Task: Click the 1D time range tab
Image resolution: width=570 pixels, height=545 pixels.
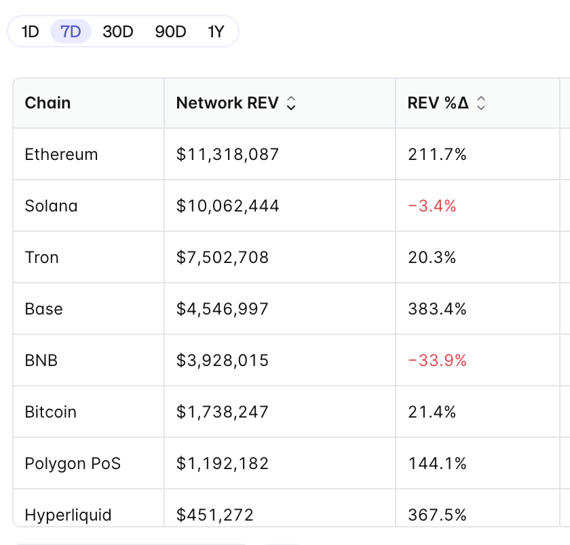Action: pos(31,32)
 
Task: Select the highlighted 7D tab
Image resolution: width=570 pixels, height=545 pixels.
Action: pos(71,32)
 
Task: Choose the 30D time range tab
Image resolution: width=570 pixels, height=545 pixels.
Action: pos(118,32)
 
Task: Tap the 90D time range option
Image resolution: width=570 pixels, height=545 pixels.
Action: pos(170,32)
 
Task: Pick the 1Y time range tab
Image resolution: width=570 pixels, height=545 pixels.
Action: pos(216,32)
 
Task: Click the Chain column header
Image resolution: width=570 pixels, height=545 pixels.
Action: pos(47,103)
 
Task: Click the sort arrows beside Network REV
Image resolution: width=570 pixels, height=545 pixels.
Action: pos(291,103)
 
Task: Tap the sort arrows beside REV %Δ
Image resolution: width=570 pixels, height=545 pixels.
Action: pos(481,103)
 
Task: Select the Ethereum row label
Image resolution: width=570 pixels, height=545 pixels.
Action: pos(61,155)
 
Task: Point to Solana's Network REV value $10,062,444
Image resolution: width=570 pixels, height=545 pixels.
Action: pos(227,206)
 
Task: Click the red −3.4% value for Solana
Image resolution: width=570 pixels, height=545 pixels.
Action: pos(432,206)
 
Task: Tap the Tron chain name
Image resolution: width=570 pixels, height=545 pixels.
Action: pos(42,258)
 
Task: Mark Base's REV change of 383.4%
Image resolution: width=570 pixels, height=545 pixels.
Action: pos(437,309)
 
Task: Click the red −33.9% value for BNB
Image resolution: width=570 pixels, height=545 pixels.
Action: pos(437,361)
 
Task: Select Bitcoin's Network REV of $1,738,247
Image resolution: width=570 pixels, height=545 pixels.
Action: pos(223,412)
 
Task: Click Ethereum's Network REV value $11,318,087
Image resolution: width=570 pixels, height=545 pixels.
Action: pos(227,155)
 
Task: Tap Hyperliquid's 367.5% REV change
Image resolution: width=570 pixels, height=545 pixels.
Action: pos(437,515)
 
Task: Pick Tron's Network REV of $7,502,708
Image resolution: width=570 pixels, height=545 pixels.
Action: pos(223,258)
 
